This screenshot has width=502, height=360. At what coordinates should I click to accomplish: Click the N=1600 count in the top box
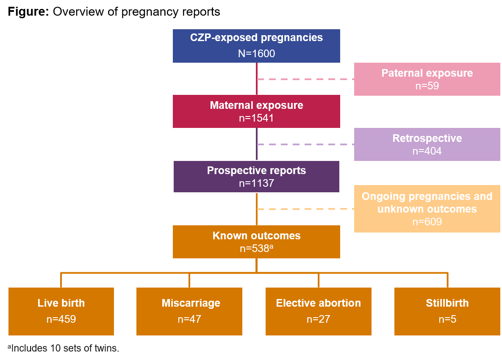pyautogui.click(x=256, y=54)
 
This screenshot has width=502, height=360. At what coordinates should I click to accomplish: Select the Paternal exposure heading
pyautogui.click(x=427, y=73)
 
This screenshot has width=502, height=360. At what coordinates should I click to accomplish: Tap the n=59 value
pyautogui.click(x=427, y=86)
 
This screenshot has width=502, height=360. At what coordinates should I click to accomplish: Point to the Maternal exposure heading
pyautogui.click(x=256, y=105)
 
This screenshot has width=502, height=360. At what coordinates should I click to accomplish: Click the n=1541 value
pyautogui.click(x=256, y=118)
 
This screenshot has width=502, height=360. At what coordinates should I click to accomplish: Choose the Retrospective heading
pyautogui.click(x=427, y=138)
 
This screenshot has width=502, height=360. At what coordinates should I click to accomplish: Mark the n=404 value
pyautogui.click(x=427, y=151)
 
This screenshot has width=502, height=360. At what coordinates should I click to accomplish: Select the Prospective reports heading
pyautogui.click(x=256, y=170)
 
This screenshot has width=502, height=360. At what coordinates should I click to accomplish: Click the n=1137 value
pyautogui.click(x=256, y=183)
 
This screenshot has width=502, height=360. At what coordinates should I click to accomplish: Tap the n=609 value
pyautogui.click(x=427, y=222)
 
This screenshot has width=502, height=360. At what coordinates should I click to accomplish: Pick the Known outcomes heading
pyautogui.click(x=256, y=235)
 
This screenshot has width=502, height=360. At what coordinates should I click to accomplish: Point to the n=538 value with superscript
pyautogui.click(x=255, y=249)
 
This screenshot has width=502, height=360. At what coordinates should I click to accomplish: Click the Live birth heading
pyautogui.click(x=61, y=303)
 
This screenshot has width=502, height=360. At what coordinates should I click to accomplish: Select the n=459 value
pyautogui.click(x=61, y=319)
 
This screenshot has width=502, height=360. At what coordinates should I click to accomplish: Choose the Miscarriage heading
pyautogui.click(x=191, y=303)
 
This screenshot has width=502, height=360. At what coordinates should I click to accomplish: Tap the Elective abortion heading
pyautogui.click(x=318, y=303)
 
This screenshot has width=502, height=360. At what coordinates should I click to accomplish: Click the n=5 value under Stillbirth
pyautogui.click(x=447, y=319)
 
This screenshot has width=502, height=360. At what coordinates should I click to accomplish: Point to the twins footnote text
pyautogui.click(x=63, y=349)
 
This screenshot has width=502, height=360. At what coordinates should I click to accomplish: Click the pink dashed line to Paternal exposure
pyautogui.click(x=305, y=79)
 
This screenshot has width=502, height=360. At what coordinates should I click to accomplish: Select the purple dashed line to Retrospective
pyautogui.click(x=305, y=144)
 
